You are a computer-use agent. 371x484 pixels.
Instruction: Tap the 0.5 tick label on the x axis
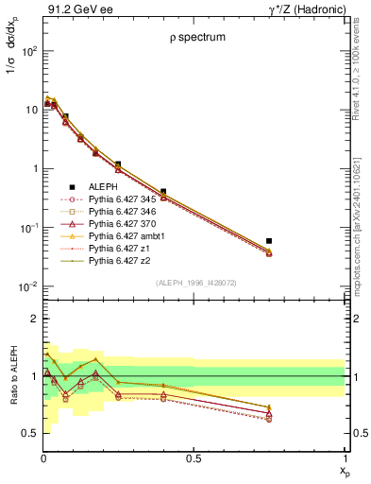pyautogui.click(x=194, y=459)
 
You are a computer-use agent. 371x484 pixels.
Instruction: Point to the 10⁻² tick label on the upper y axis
pyautogui.click(x=25, y=286)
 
